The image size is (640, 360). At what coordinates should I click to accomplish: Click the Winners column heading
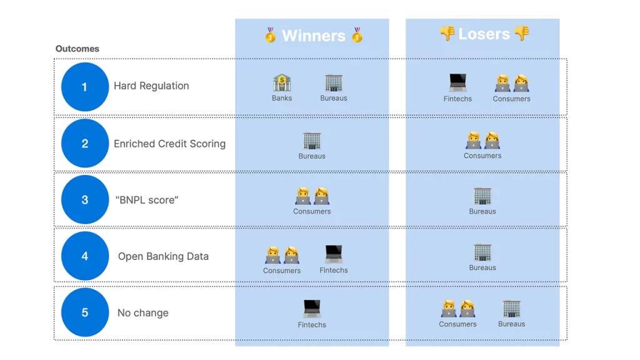coord(314,36)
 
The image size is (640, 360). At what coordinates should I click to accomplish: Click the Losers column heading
coord(484,34)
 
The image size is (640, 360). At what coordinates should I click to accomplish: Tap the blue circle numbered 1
coord(85,87)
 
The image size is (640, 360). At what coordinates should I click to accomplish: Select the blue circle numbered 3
coord(85,199)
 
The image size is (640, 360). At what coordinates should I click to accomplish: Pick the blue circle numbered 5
coord(85,312)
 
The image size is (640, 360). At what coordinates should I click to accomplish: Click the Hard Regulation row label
coord(151,86)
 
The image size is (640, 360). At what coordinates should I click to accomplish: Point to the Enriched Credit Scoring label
coord(170,144)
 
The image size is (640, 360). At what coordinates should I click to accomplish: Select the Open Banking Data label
coord(163,256)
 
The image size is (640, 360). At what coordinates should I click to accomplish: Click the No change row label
coord(143,312)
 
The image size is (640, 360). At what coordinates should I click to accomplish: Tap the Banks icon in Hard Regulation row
coord(282,82)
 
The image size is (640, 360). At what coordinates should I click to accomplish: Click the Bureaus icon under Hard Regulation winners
coord(334,83)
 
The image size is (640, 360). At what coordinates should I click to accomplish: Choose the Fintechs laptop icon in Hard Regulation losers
coord(457,82)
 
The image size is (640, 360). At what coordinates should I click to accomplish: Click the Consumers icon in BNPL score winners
coord(312,196)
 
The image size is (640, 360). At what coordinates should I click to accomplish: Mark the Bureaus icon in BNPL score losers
coord(482,196)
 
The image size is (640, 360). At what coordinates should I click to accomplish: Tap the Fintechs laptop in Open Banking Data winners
coord(334,254)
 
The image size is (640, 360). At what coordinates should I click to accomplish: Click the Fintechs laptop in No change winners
coord(312,309)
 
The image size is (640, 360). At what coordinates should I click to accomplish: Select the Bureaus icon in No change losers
coord(511,309)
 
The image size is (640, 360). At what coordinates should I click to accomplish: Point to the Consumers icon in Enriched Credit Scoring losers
coord(482,140)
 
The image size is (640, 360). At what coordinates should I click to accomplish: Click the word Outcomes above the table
coord(77,49)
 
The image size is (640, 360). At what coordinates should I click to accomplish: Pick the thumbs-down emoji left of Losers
coord(447,34)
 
